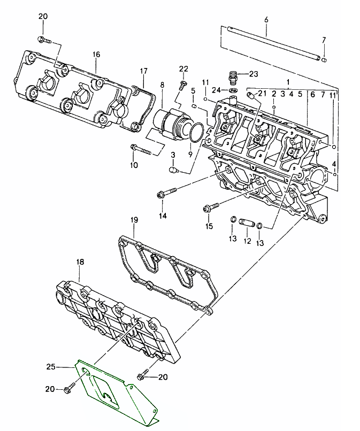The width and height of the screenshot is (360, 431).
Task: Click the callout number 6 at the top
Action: [265, 20]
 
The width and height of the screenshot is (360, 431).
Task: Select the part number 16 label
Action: [96, 55]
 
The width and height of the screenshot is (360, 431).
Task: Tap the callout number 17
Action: [143, 71]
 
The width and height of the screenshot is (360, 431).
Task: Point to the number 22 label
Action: [183, 69]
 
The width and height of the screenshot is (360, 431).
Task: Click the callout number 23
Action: [253, 74]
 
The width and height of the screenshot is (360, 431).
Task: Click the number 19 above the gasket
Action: [134, 220]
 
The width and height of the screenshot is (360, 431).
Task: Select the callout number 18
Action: [80, 262]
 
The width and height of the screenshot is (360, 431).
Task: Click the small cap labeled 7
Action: [324, 60]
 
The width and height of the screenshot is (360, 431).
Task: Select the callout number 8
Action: [162, 84]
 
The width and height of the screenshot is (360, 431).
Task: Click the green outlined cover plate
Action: [115, 390]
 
